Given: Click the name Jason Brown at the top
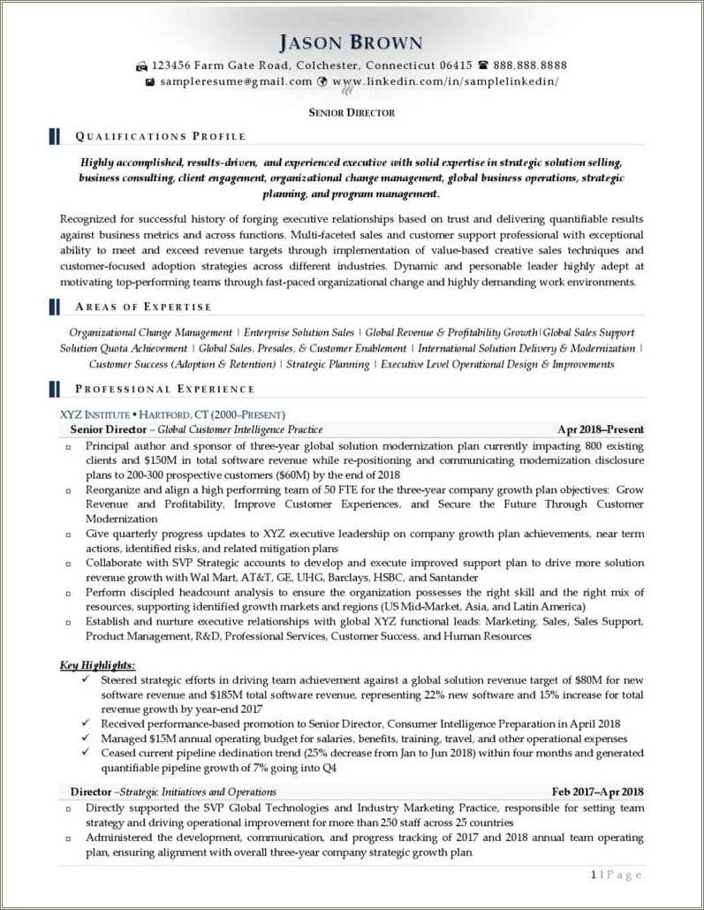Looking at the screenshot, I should pyautogui.click(x=351, y=42).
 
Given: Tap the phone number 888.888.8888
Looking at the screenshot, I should pyautogui.click(x=530, y=65).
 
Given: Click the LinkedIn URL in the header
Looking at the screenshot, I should pyautogui.click(x=446, y=81).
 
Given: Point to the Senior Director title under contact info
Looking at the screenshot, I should pyautogui.click(x=352, y=112).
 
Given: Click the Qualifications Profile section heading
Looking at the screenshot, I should pyautogui.click(x=160, y=136).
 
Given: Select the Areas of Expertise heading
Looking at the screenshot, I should pyautogui.click(x=143, y=307).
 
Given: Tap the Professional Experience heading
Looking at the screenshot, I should pyautogui.click(x=164, y=389).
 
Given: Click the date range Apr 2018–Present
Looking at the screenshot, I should pyautogui.click(x=601, y=430).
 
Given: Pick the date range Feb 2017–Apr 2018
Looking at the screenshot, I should pyautogui.click(x=598, y=792).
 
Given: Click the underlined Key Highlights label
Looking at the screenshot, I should pyautogui.click(x=97, y=664).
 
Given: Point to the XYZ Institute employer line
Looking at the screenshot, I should pyautogui.click(x=172, y=414).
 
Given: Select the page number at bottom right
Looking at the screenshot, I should pyautogui.click(x=617, y=875).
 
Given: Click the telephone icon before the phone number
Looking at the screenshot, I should pyautogui.click(x=483, y=65).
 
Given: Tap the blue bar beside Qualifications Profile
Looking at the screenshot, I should pyautogui.click(x=55, y=136).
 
